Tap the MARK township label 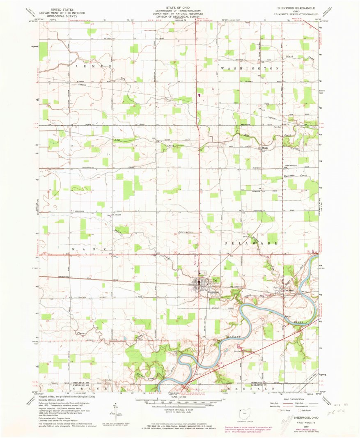click(90, 249)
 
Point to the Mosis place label click(266, 148)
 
